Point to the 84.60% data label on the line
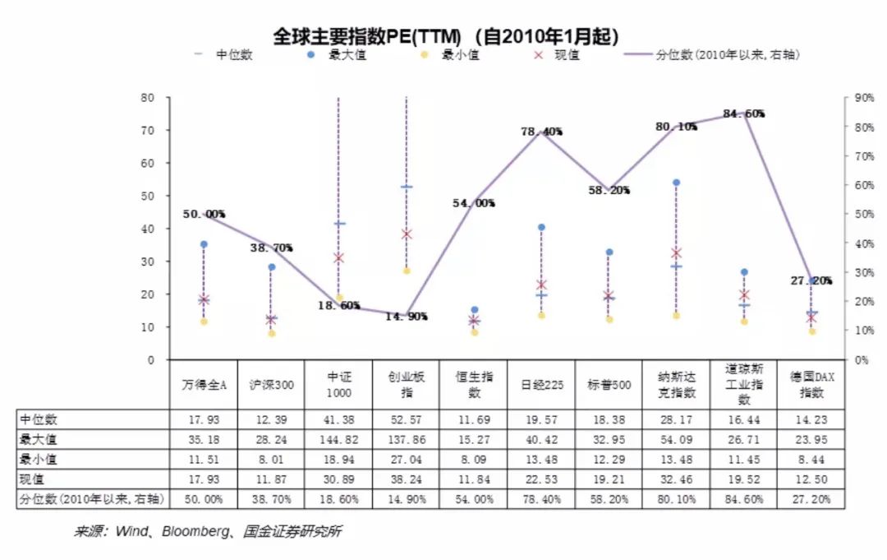click(744, 113)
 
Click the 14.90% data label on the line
click(407, 317)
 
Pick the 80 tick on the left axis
click(148, 97)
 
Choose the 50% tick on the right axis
click(862, 214)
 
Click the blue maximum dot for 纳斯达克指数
click(676, 183)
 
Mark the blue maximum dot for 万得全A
click(204, 244)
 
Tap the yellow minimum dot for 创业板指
click(407, 271)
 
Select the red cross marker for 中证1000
click(338, 258)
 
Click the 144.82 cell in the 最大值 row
click(338, 439)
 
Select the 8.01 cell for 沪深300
click(271, 459)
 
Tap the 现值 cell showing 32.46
click(676, 479)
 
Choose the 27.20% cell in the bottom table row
click(811, 498)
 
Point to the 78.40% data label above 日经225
click(541, 132)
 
